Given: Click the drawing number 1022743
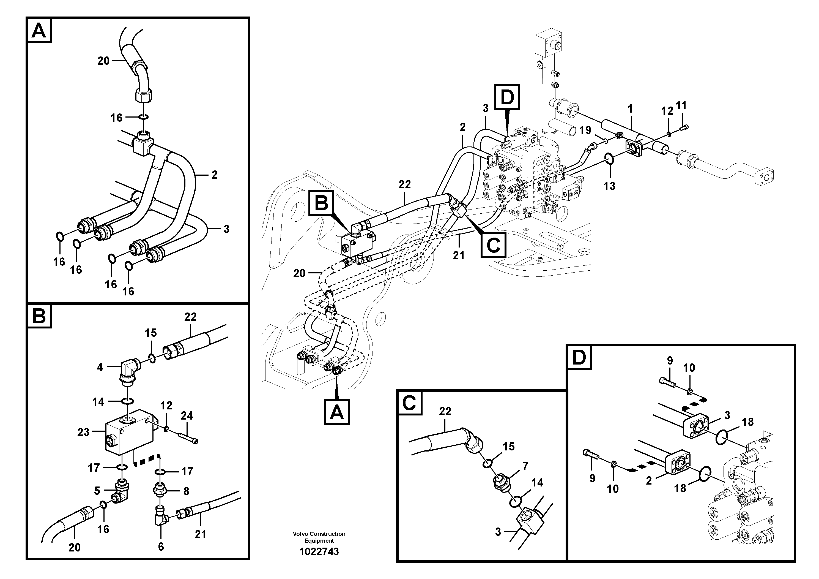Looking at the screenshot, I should coord(319,551).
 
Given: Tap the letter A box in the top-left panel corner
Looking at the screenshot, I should coord(39,31).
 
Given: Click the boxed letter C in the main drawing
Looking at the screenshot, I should coord(493,244).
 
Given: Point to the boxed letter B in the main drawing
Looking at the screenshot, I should coord(321,203).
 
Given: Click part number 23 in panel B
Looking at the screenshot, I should coord(83,432).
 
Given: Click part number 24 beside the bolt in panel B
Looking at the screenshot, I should coord(187,415).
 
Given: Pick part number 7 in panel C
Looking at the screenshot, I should coord(525,466).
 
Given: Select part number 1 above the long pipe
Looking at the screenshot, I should coord(630,109).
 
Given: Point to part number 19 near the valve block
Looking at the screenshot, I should coord(585,130).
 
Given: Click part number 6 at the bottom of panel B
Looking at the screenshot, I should coord(161,547).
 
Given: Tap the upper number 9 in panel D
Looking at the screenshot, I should coord(670,361).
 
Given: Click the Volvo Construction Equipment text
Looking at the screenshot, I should coord(319,537).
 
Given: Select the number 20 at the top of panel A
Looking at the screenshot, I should coord(103,61).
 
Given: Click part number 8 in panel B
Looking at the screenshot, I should coord(186,491).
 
